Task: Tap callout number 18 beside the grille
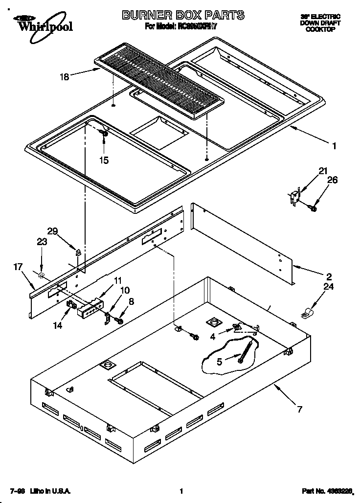click(65, 76)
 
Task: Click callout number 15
click(104, 160)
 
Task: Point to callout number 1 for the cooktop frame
click(334, 145)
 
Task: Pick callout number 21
click(322, 171)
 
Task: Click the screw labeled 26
click(314, 208)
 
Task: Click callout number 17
click(19, 267)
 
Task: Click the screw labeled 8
click(119, 320)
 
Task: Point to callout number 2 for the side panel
click(329, 275)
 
